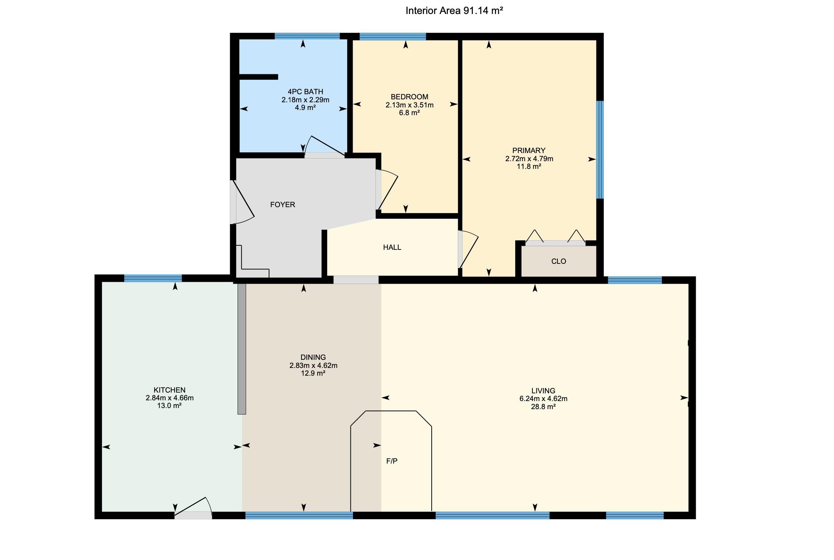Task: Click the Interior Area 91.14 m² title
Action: [454, 11]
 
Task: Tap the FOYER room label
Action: [282, 205]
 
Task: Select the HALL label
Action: [392, 247]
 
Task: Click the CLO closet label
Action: [559, 261]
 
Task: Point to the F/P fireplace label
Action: [392, 461]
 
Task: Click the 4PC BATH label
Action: [305, 92]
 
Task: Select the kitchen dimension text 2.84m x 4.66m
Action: [170, 398]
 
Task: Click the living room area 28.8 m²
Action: [543, 407]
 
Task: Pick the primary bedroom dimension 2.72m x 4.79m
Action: [529, 159]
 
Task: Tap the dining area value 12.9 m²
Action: [313, 373]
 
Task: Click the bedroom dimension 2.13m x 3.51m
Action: [409, 105]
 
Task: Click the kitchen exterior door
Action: [193, 508]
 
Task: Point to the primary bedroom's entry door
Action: [468, 249]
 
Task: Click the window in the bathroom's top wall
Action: [307, 36]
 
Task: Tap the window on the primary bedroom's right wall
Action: [600, 150]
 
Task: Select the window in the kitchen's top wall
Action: [153, 278]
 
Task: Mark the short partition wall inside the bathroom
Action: [259, 77]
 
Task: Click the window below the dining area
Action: [299, 515]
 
